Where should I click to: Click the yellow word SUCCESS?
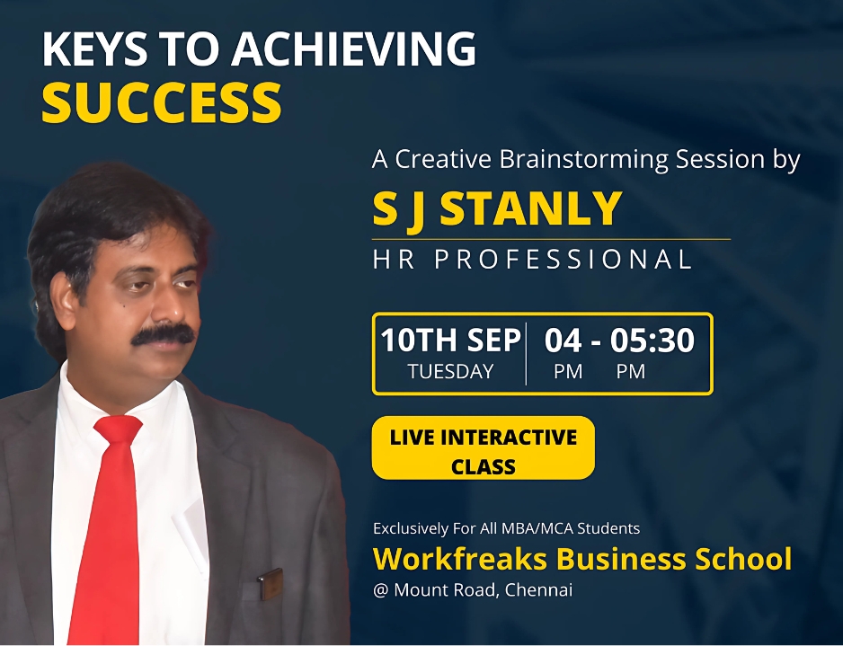[x=161, y=102]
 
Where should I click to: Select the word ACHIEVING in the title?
[x=353, y=49]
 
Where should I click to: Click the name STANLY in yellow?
[x=530, y=208]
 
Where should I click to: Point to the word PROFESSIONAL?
[x=563, y=259]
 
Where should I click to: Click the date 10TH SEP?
[x=450, y=341]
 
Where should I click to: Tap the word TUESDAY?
[x=450, y=371]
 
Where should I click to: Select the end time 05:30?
[x=652, y=341]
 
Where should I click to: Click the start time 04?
[x=563, y=341]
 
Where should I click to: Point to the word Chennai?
[x=538, y=589]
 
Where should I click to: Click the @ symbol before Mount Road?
[x=381, y=590]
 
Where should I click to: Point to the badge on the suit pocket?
[x=271, y=584]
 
